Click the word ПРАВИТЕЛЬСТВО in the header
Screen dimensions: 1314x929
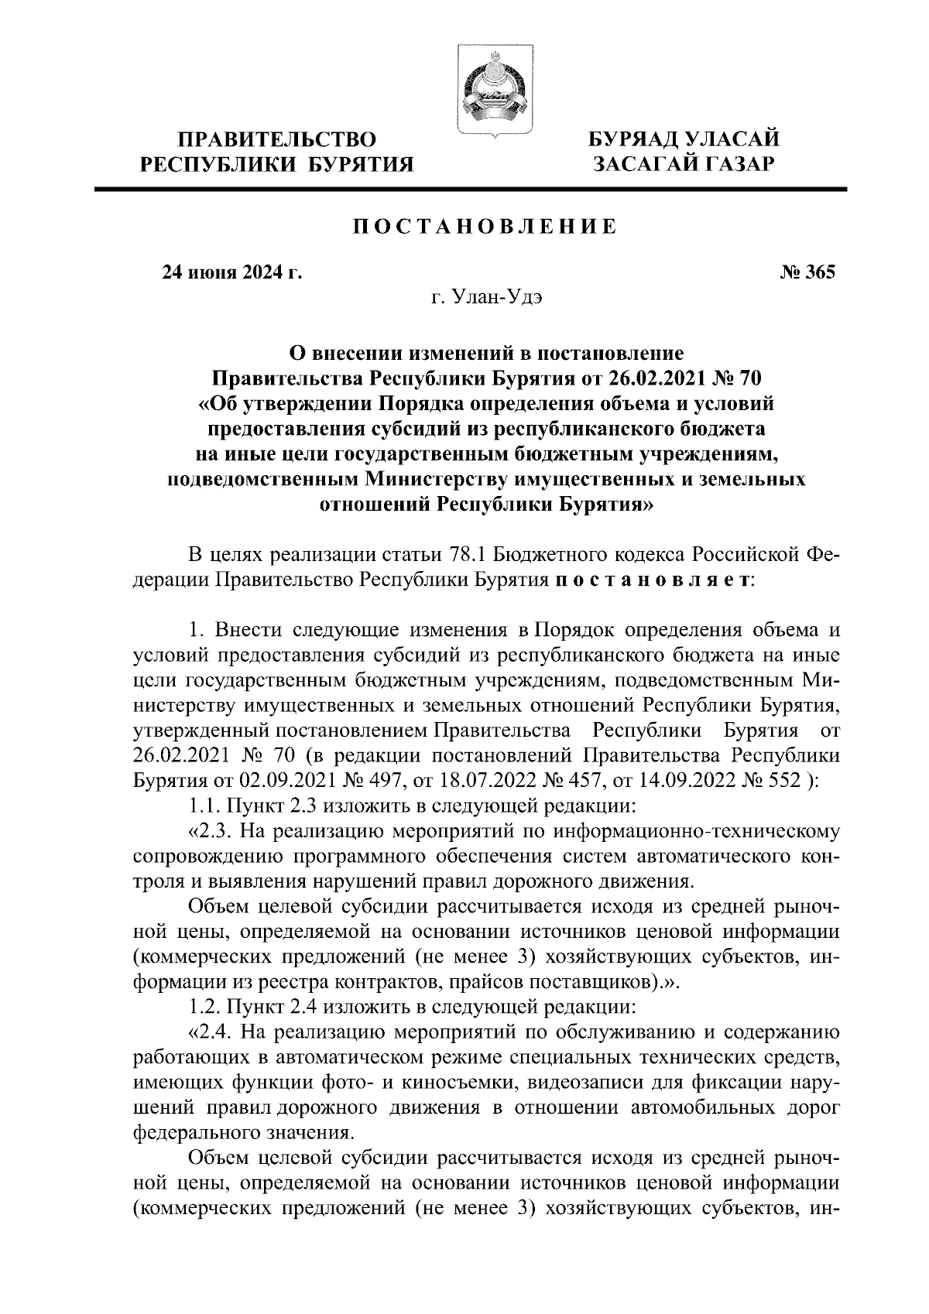click(x=276, y=140)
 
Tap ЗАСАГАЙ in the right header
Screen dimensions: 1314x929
click(x=643, y=164)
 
